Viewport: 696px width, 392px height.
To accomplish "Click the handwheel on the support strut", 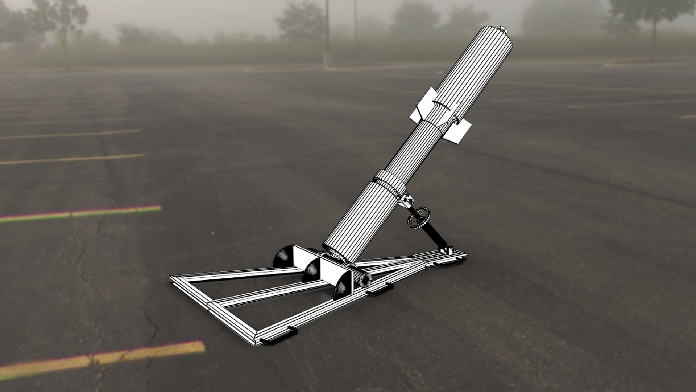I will (x=417, y=217).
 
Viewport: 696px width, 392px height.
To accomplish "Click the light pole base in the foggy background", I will (x=328, y=60).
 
